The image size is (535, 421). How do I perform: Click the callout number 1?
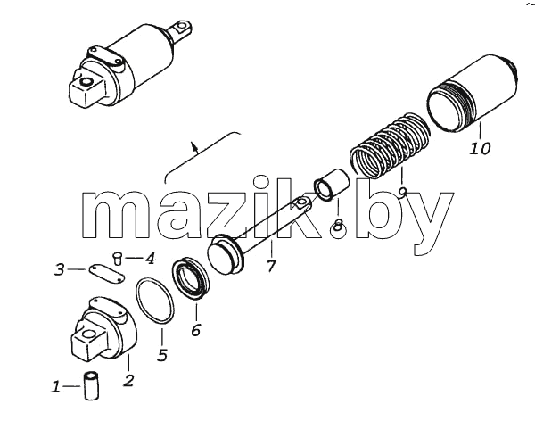[56, 387]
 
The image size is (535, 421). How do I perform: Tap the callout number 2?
[128, 380]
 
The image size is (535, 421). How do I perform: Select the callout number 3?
[60, 269]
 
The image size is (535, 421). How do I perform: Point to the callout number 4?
[149, 259]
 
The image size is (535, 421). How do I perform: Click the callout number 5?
[162, 355]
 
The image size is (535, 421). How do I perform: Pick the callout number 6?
[195, 330]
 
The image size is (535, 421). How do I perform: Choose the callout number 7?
[270, 267]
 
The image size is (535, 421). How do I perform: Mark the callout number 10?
[481, 148]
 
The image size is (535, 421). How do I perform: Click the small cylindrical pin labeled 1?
[92, 386]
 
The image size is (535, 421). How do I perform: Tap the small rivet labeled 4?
[118, 258]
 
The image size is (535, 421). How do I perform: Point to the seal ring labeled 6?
[190, 278]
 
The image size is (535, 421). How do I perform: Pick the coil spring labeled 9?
[390, 144]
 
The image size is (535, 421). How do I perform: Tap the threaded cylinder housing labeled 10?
[473, 92]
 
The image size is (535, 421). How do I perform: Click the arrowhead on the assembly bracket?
[194, 146]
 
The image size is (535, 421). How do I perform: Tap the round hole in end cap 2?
[90, 333]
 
